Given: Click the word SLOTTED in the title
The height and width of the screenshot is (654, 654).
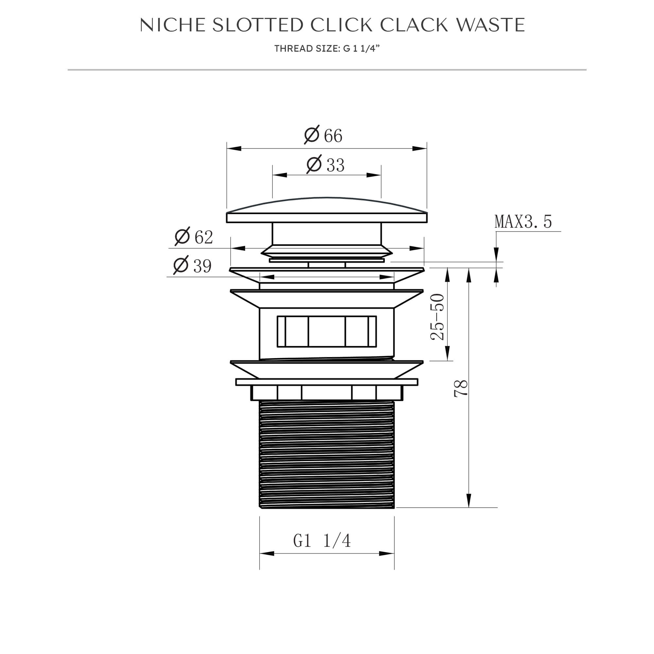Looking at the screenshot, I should (258, 25).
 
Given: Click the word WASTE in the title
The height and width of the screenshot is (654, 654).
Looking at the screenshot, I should (490, 25).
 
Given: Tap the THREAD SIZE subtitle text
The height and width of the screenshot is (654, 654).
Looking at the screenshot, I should (327, 49).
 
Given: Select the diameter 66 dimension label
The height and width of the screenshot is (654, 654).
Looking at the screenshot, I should (323, 135).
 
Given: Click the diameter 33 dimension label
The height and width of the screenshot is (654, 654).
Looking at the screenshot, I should (326, 165).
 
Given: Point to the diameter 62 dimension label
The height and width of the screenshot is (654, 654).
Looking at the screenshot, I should (194, 237).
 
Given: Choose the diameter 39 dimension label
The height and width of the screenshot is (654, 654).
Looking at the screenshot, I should (193, 266).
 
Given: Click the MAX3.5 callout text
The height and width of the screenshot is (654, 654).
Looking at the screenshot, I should (523, 222).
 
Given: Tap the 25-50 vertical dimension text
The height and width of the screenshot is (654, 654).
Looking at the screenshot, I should (437, 317).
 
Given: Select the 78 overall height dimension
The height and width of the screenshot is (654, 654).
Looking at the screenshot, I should (461, 388).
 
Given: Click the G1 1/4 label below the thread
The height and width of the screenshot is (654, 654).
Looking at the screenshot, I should (322, 541).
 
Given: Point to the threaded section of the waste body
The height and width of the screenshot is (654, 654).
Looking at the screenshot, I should (327, 454).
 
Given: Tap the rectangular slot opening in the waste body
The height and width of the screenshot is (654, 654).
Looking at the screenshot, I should (327, 331).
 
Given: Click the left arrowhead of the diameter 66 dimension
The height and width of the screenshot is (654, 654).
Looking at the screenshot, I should (234, 148).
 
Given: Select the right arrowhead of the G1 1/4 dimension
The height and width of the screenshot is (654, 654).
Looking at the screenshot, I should (387, 554).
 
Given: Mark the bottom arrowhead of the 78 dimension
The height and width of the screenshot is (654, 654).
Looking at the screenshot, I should (469, 500).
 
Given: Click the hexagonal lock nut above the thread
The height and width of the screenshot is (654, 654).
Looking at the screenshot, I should (327, 393).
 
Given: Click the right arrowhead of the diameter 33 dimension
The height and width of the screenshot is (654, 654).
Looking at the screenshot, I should (374, 175).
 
